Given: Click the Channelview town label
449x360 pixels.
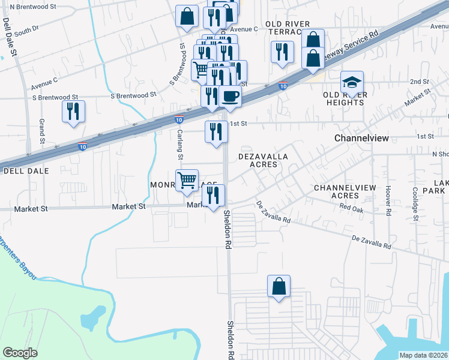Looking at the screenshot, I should pyautogui.click(x=361, y=138).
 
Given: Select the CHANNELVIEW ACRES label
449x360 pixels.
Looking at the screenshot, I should pyautogui.click(x=345, y=191).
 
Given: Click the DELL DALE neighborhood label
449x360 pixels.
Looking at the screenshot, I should pyautogui.click(x=22, y=171).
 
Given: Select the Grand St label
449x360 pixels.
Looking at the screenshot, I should pyautogui.click(x=43, y=131).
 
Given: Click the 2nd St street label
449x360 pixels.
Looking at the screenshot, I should pyautogui.click(x=419, y=82).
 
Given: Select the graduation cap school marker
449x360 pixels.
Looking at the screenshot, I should pyautogui.click(x=352, y=82).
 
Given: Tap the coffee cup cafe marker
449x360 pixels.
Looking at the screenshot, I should pyautogui.click(x=230, y=96).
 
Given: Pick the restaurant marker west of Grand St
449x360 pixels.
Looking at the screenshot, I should pyautogui.click(x=73, y=111).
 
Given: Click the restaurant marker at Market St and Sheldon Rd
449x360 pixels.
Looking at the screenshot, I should pyautogui.click(x=213, y=196).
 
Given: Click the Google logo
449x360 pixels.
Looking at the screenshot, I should pyautogui.click(x=20, y=353).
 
